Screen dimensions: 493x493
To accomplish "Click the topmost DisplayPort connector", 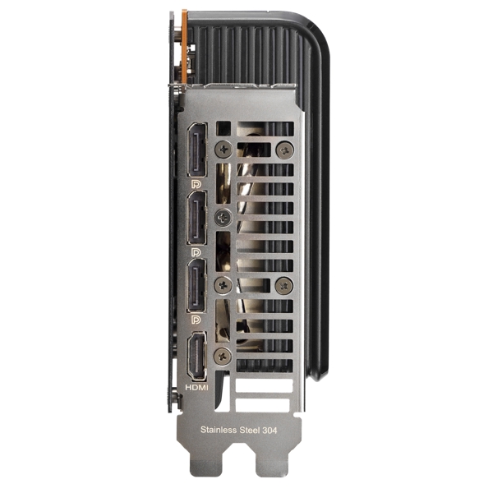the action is coord(197,150).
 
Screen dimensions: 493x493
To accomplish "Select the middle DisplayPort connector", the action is coord(197,219).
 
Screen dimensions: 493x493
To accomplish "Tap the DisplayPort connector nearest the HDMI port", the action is coord(197,285).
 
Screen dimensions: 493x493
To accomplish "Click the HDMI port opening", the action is coord(197,357).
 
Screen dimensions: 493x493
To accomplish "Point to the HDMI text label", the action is coord(196,388).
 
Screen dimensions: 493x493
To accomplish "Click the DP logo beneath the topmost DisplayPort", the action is coord(196,184).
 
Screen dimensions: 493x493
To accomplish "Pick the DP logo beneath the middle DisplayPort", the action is coord(196,252).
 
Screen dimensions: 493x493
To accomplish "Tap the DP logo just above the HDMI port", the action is coord(196,320).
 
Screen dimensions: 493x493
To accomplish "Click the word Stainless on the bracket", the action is coord(219,430).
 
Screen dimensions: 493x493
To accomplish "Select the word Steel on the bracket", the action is coord(250,430).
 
